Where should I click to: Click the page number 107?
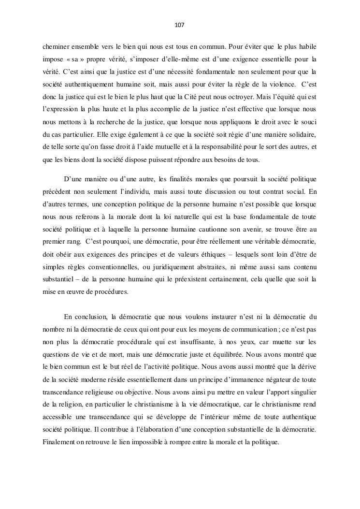pos(180,25)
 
